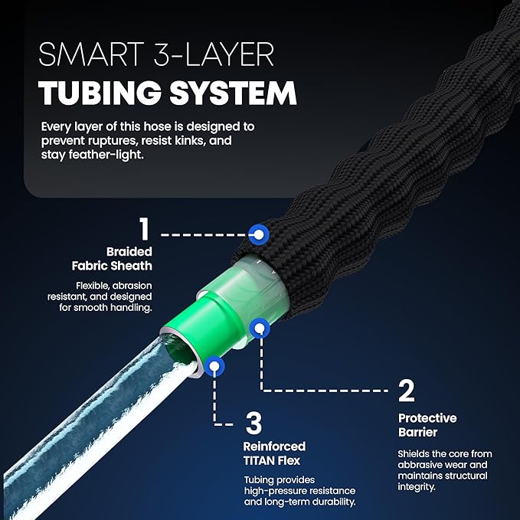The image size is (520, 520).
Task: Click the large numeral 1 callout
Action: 144,228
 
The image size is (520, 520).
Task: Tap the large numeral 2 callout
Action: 407,391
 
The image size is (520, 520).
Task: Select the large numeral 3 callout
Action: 253,423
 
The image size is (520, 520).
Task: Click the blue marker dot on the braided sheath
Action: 259,234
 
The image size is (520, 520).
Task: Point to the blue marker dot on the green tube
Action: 260,328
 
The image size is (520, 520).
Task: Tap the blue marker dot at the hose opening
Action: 214,366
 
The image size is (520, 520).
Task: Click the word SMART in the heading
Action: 91,54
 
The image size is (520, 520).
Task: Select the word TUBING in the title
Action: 100,93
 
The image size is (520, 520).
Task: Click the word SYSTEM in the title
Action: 233,93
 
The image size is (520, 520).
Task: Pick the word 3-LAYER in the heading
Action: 214,54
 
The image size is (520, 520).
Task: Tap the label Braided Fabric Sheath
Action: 112,259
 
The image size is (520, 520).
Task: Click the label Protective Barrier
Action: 427,425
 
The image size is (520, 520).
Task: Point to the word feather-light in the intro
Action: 106,155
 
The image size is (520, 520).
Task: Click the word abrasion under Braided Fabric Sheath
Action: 132,286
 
